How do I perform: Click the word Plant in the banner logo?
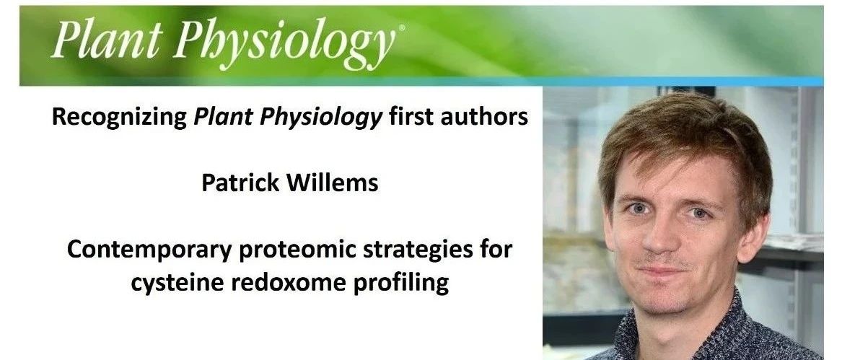click(106, 41)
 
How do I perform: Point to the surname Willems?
click(333, 183)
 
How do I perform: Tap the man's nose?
click(665, 234)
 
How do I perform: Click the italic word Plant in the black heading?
click(224, 117)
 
